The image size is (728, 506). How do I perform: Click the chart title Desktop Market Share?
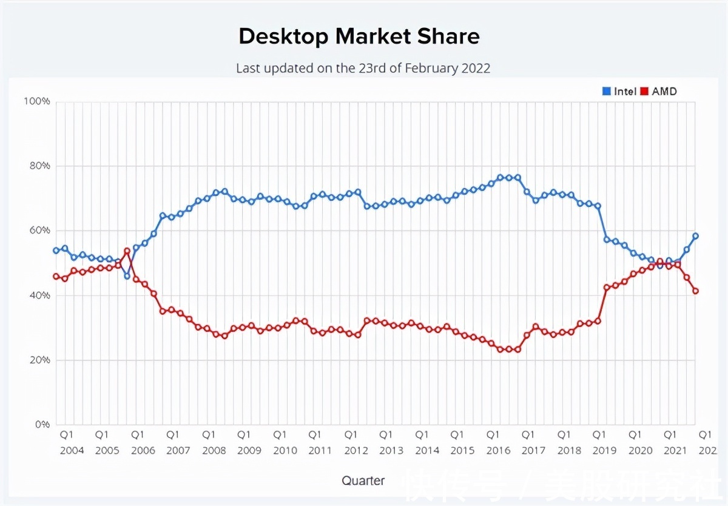tap(359, 37)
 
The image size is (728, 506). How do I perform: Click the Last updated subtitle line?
tap(363, 69)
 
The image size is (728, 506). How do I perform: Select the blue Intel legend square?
tap(606, 92)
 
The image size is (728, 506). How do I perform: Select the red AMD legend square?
tap(644, 92)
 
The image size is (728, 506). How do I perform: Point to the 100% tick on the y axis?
tap(36, 101)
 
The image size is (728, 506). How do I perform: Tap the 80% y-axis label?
tap(38, 166)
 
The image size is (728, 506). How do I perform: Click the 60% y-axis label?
tap(38, 231)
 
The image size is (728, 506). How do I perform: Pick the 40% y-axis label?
tap(38, 295)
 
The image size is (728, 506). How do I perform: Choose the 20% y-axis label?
tap(38, 360)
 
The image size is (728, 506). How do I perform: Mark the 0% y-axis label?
tap(41, 425)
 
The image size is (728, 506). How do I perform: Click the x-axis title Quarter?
tap(363, 481)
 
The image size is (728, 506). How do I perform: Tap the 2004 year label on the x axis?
tap(72, 451)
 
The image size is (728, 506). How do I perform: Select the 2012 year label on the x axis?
tap(356, 451)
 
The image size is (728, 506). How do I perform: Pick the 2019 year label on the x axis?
tap(604, 451)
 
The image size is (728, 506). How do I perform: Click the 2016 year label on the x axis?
tap(498, 451)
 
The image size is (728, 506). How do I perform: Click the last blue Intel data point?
tap(696, 236)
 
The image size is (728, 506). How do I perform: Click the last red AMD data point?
tap(696, 291)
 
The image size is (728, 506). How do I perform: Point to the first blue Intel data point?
tap(56, 251)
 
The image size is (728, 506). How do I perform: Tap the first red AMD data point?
tap(56, 277)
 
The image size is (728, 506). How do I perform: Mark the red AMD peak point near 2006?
tap(127, 251)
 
